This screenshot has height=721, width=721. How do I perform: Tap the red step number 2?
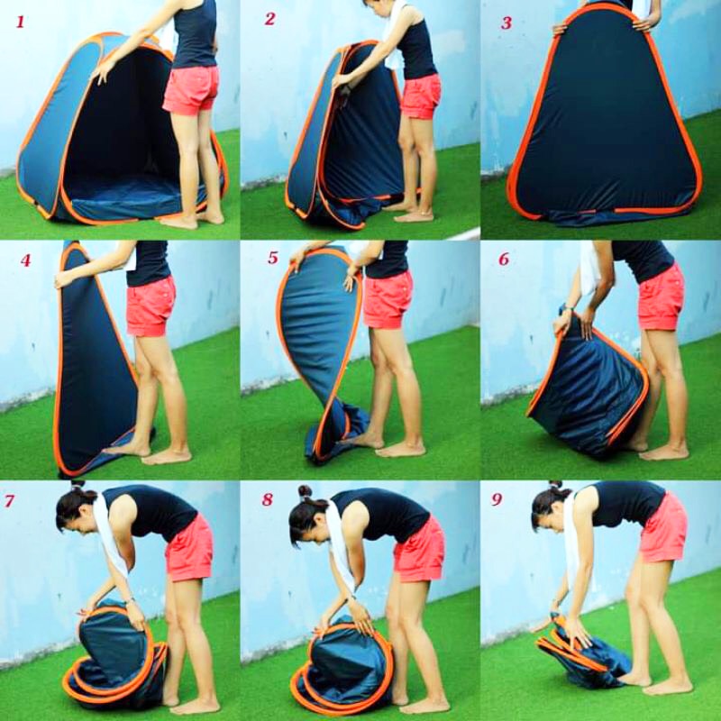(x=269, y=19)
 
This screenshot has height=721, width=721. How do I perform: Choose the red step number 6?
(x=504, y=260)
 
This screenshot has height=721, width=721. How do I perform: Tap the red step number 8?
(x=267, y=499)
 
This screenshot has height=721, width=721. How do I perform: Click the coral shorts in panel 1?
(x=190, y=90)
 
